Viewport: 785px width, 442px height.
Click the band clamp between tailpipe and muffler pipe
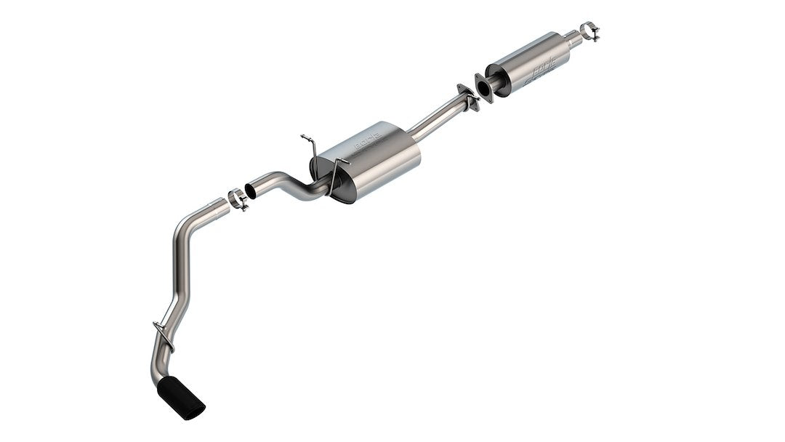(238, 198)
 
